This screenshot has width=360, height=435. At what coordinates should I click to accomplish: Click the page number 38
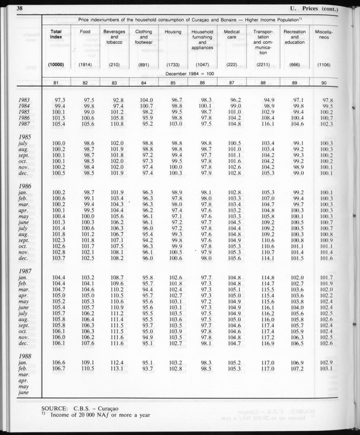(19, 9)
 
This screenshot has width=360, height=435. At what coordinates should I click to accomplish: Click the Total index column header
(55, 34)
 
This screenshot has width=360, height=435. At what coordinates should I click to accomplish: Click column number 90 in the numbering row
(324, 83)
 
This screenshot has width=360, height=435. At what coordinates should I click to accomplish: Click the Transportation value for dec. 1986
(266, 258)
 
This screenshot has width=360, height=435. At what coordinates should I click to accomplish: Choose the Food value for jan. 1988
(86, 363)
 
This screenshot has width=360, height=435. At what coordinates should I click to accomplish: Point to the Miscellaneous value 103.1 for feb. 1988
(326, 369)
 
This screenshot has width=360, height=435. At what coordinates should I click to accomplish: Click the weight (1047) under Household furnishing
(202, 65)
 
